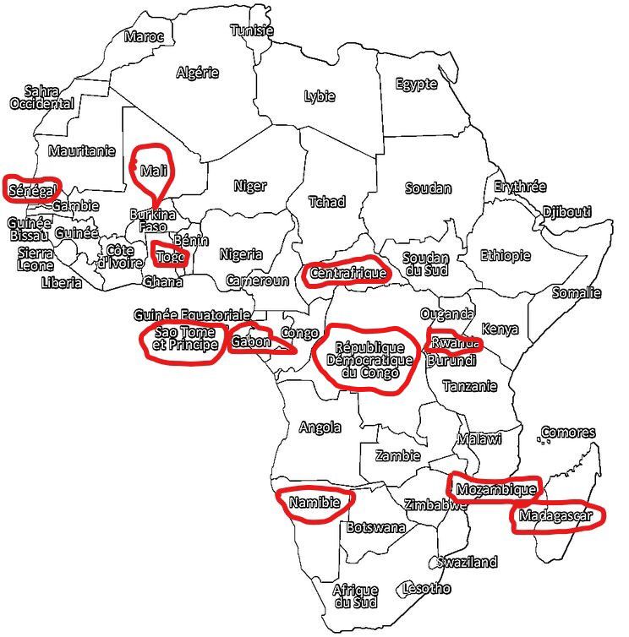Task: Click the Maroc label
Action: pos(144,36)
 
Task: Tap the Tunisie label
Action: pos(252,30)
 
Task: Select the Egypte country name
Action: pos(417,84)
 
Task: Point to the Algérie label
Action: pos(197,73)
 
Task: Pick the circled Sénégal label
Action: pos(31,188)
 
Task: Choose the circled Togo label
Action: pos(170,254)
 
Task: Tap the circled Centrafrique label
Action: pos(347,273)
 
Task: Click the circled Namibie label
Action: pos(314,503)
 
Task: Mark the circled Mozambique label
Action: pos(495,489)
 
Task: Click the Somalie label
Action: pos(576,293)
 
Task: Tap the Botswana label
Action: pos(375,527)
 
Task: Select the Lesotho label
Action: pos(426,588)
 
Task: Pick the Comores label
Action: pos(567,433)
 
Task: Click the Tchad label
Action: pos(326,202)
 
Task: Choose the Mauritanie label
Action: pos(81,152)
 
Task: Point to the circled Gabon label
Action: pos(251,341)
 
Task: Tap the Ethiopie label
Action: pos(506,255)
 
